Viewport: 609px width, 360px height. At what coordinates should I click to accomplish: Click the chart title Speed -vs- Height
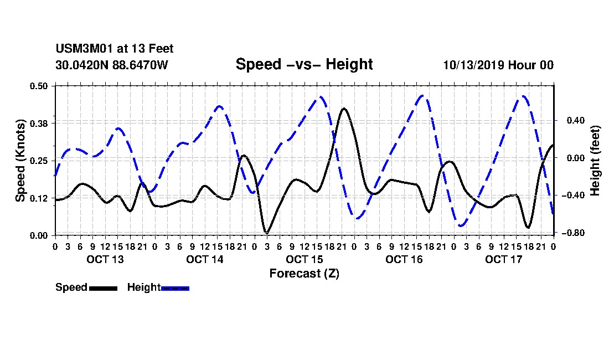[304, 64]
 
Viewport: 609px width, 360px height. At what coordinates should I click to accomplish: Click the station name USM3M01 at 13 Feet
[115, 49]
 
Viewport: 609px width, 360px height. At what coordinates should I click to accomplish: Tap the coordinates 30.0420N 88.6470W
[112, 65]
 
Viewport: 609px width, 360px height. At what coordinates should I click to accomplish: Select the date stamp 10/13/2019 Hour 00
[498, 65]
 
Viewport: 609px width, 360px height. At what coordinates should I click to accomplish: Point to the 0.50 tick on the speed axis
[38, 86]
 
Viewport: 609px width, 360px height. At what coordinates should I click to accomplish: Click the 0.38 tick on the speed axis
[38, 124]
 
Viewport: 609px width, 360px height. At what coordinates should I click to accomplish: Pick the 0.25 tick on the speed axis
[38, 161]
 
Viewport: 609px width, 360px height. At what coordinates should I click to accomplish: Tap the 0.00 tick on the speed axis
[38, 235]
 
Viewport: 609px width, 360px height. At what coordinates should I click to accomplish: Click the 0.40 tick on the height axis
[575, 120]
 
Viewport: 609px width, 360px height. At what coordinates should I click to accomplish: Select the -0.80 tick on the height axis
[573, 233]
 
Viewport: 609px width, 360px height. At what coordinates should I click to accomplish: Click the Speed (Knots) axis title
[20, 161]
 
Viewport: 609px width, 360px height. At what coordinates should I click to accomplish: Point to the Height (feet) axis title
[595, 161]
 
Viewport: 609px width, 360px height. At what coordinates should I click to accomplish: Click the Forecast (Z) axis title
[304, 274]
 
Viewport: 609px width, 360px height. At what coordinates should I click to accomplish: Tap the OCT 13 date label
[105, 259]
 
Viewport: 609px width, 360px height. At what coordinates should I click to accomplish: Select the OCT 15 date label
[304, 259]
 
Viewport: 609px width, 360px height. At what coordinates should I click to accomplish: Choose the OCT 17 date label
[504, 259]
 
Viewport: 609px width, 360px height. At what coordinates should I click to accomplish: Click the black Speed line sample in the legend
[103, 288]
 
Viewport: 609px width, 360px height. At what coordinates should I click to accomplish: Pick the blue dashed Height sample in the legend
[175, 288]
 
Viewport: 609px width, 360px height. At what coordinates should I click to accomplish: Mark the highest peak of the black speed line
[344, 109]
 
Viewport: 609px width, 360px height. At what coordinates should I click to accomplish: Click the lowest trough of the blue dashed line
[461, 225]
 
